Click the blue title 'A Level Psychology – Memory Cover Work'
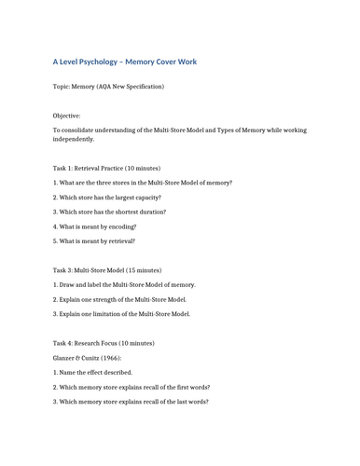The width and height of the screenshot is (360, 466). point(124,62)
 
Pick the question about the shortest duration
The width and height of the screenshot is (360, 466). point(110,212)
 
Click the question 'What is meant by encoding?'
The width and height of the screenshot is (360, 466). point(94,226)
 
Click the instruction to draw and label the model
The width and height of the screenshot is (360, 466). point(124,284)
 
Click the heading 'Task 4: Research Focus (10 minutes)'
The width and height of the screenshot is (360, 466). point(104,343)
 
